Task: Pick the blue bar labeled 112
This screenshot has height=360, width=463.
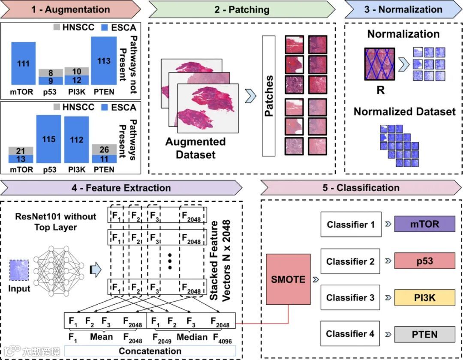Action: tap(76, 140)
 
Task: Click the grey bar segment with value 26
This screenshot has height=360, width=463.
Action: tap(104, 150)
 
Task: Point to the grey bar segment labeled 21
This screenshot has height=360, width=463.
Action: tap(21, 151)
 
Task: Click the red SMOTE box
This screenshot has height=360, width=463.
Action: tap(288, 279)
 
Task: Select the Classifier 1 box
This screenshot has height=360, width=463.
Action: tap(351, 225)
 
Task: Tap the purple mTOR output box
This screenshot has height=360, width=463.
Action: tap(424, 224)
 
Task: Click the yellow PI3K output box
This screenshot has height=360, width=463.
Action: tap(424, 297)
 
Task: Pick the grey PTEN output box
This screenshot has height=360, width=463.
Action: tap(424, 334)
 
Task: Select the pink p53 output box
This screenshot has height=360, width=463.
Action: tap(424, 261)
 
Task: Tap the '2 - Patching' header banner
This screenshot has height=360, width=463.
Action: tap(242, 9)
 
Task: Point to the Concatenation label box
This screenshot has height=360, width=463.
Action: tap(150, 351)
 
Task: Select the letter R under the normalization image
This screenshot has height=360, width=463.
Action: tap(380, 90)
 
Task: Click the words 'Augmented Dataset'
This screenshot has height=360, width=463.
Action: tap(195, 148)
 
